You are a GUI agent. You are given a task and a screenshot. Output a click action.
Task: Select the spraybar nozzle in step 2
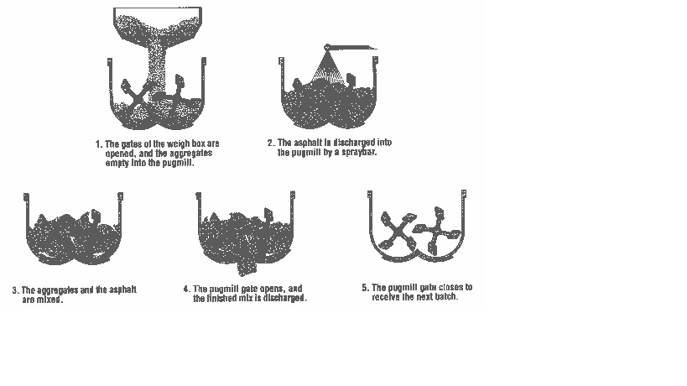tap(327, 47)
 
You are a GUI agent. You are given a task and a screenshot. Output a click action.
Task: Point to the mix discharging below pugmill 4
tap(247, 267)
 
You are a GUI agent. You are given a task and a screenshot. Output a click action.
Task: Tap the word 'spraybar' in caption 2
tap(362, 152)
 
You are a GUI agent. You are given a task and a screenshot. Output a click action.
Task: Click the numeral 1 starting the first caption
tap(97, 143)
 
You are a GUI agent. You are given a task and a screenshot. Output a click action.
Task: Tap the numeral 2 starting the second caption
tap(270, 143)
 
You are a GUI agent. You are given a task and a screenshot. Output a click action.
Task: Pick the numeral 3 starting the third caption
tap(14, 290)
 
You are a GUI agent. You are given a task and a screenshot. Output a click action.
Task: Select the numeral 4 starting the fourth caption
tap(185, 289)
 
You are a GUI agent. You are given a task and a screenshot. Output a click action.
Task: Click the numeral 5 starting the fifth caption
tap(365, 287)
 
